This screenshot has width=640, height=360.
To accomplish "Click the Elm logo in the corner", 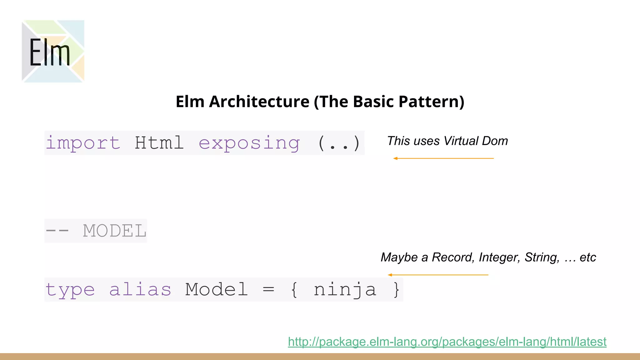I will pyautogui.click(x=53, y=51).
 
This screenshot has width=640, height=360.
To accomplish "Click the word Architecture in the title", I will pyautogui.click(x=259, y=102).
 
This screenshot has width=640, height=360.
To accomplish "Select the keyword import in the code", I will pyautogui.click(x=83, y=143).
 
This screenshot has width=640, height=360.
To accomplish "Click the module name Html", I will pyautogui.click(x=159, y=143).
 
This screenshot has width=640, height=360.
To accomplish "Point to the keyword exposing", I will pyautogui.click(x=249, y=143).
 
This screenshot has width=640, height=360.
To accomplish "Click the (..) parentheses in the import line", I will pyautogui.click(x=339, y=143).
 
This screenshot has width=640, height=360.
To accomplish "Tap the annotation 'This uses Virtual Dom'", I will pyautogui.click(x=447, y=141).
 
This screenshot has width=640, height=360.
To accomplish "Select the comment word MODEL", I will pyautogui.click(x=115, y=231).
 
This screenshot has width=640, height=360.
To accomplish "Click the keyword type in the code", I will pyautogui.click(x=70, y=290).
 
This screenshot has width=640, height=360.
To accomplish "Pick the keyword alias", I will pyautogui.click(x=140, y=290).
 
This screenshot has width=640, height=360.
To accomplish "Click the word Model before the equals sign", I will pyautogui.click(x=217, y=290).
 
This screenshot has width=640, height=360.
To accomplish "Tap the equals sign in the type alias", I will pyautogui.click(x=268, y=290).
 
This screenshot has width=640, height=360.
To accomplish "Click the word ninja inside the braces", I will pyautogui.click(x=345, y=290).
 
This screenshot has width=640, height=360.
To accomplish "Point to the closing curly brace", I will pyautogui.click(x=396, y=290).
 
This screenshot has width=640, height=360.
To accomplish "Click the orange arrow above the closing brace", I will pyautogui.click(x=438, y=275).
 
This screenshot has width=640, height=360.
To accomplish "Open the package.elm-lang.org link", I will pyautogui.click(x=447, y=342).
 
